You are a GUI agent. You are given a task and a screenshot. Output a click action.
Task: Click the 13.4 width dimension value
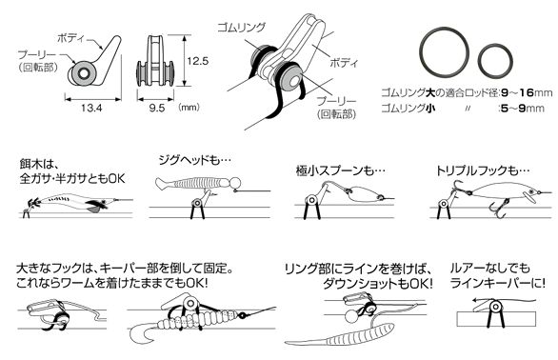click(91, 108)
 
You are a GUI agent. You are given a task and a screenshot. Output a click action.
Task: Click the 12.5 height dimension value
click(198, 61)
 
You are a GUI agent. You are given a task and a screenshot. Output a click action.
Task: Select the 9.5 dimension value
click(157, 108)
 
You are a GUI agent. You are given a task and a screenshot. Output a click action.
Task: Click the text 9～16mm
click(527, 93)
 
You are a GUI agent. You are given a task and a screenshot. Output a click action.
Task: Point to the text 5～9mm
click(522, 108)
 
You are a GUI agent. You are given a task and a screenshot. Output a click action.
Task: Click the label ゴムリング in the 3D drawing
click(242, 27)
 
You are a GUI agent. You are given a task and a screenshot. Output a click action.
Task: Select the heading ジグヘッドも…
click(194, 160)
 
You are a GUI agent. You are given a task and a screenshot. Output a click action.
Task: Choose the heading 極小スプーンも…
click(341, 171)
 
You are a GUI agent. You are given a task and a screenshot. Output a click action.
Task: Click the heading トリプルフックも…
click(483, 171)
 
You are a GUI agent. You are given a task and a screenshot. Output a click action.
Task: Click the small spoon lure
click(363, 193)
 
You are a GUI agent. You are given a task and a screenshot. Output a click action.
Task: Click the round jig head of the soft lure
click(235, 184)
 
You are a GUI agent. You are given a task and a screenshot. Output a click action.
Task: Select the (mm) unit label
click(189, 107)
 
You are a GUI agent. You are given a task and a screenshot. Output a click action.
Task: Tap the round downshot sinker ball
click(350, 316)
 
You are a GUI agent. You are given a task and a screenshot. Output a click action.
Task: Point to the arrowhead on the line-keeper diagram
click(476, 300)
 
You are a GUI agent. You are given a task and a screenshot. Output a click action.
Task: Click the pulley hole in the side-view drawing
click(84, 74)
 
